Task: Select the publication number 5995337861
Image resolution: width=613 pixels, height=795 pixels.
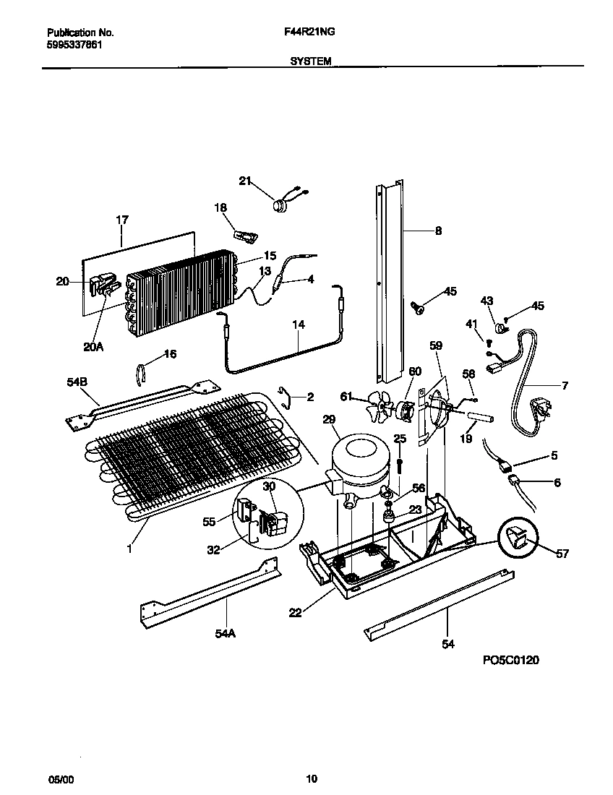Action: coord(74,44)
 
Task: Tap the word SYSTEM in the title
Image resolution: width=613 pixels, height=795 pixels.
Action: coord(311,62)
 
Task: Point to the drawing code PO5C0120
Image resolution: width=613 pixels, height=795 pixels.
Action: coord(510,660)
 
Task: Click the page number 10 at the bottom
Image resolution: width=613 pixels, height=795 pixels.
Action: coord(311,778)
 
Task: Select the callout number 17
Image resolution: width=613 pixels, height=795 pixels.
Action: coord(121,219)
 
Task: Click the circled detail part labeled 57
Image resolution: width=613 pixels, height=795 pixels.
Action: coord(518,538)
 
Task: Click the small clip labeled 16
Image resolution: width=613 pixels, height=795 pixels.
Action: coord(143,375)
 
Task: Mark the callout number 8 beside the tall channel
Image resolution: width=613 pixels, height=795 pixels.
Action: coord(437,231)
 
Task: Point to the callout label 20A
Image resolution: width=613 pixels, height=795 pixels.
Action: coord(93,346)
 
